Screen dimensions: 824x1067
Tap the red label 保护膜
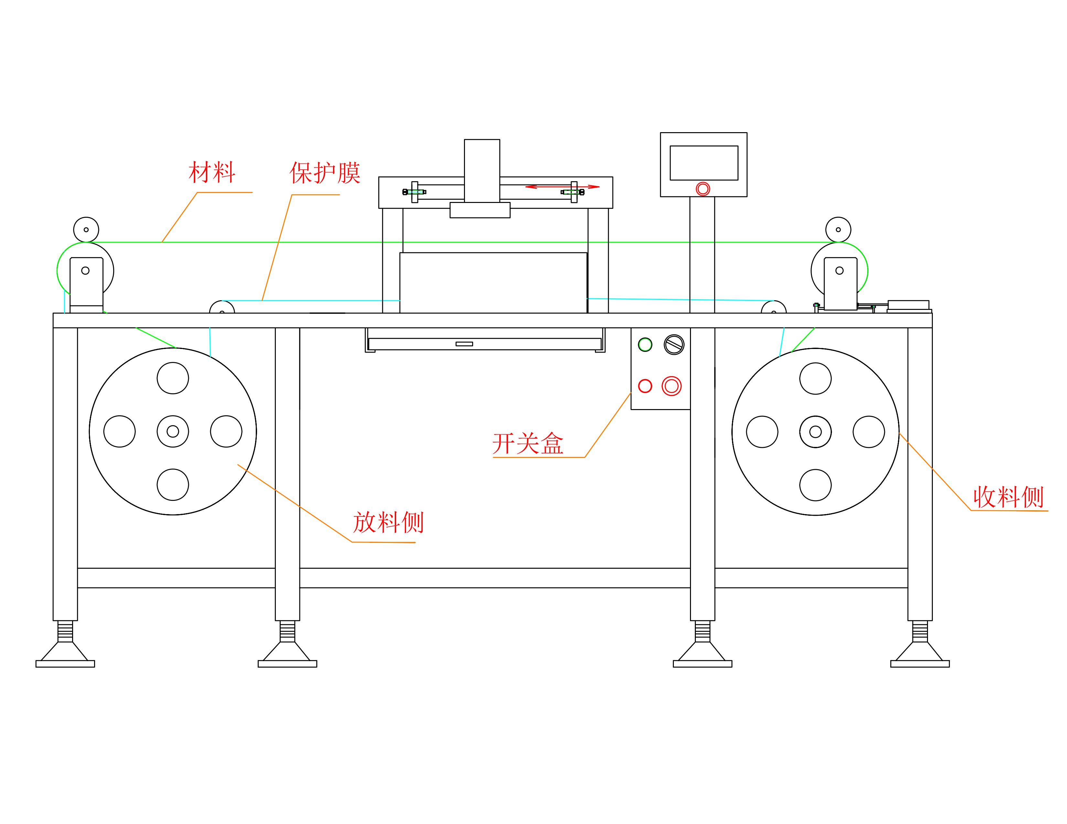[x=325, y=173]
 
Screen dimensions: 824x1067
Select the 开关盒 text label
[x=528, y=444]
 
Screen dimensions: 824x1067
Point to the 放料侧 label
[x=388, y=522]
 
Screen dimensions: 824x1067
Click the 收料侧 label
[x=1008, y=497]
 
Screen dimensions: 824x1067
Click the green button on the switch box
[x=645, y=345]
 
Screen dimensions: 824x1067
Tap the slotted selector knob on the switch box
[x=674, y=345]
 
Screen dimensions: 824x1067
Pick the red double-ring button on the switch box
[x=671, y=386]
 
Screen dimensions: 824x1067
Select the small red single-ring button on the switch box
[x=645, y=386]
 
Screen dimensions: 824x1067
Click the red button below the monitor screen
[x=703, y=189]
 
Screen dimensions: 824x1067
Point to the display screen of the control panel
[x=704, y=163]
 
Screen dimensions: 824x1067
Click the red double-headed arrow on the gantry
[x=562, y=186]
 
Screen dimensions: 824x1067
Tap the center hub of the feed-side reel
[x=173, y=431]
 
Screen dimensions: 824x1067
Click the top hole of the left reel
[x=173, y=378]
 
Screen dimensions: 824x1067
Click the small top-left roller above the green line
[x=86, y=229]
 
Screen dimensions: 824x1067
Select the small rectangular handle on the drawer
[x=464, y=344]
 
